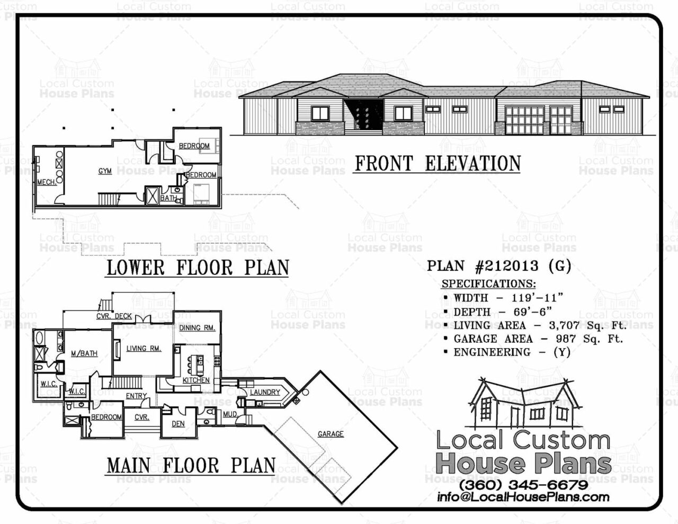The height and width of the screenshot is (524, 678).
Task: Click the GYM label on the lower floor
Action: coord(105,171)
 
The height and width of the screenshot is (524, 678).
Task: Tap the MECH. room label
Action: coord(47,182)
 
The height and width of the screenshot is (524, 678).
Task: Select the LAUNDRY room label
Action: coord(265,392)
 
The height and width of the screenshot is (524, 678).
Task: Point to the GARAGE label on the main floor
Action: coord(331,434)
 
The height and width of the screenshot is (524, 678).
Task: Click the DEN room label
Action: coord(178,424)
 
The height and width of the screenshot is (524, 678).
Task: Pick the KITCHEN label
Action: coord(196,380)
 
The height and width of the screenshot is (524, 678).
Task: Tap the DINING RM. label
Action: coord(197,328)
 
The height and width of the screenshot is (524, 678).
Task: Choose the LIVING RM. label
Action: coord(144,348)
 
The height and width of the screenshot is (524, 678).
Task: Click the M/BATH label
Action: coord(84,353)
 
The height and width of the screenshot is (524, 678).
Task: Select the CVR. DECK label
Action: coord(114,316)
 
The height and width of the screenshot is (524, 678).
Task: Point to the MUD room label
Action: coord(229,414)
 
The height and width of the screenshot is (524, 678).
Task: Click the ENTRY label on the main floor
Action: coord(136,396)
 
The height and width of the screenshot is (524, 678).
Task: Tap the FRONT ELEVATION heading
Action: coord(438,164)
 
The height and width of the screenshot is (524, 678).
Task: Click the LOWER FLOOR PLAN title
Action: coord(198,268)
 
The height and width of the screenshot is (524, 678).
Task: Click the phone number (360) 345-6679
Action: coord(523,485)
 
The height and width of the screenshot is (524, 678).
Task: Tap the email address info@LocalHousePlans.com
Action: coord(523,497)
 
